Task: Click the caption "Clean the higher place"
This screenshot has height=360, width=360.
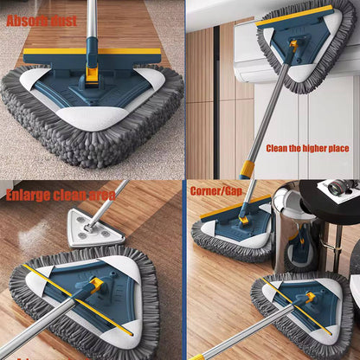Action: point(307,148)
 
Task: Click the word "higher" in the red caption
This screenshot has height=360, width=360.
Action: point(312,148)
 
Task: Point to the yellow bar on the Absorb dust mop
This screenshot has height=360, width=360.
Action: point(91,54)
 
